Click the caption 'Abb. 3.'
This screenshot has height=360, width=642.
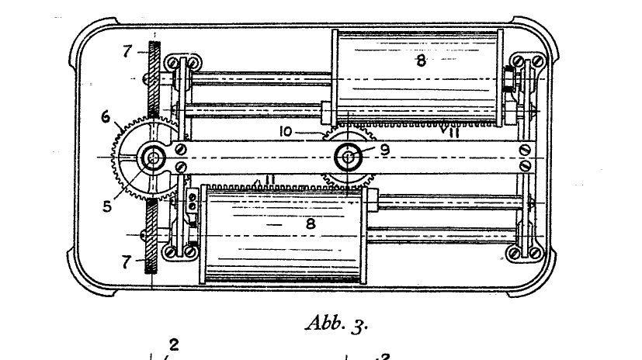[337, 324]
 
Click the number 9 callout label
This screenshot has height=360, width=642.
[385, 150]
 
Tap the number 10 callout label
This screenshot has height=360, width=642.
[286, 132]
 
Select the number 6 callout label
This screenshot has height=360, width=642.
[106, 117]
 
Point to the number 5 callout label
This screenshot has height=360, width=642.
[107, 206]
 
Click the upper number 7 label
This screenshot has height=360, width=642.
[127, 51]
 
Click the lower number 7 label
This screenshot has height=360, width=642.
[127, 261]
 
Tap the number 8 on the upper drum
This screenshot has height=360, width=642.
[421, 61]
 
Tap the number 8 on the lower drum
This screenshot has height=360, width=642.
[311, 223]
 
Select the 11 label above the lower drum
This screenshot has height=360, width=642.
[269, 179]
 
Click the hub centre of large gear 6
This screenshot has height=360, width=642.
[154, 157]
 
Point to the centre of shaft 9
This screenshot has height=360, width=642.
[348, 157]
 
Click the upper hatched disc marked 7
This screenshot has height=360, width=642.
[154, 78]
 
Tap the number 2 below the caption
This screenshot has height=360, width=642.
[174, 344]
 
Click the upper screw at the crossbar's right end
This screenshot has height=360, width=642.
[525, 151]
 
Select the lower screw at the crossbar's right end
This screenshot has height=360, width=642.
[525, 165]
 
